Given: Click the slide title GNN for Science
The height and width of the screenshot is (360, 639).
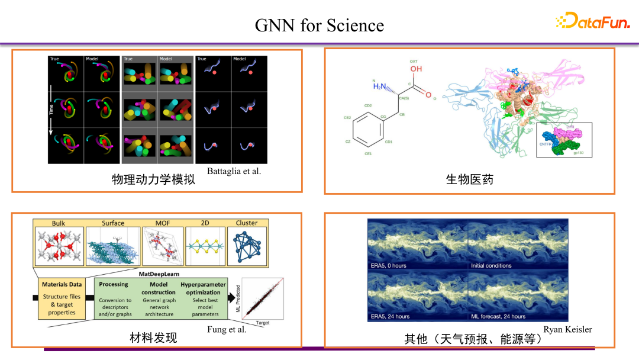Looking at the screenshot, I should coord(319,25).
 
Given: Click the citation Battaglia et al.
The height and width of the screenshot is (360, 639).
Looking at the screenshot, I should coord(234,171).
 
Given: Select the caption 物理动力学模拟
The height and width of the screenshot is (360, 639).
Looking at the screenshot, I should coord(153,179).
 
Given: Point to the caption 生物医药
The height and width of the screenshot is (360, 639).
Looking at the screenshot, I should coord(469,179).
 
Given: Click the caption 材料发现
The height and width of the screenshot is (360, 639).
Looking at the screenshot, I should coord(153,337).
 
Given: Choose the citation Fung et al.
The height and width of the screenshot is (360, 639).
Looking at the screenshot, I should coord(227,329).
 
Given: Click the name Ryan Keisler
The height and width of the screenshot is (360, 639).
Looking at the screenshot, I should coord(567,329).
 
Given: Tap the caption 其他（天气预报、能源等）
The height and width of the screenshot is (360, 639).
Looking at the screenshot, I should coord(469,339).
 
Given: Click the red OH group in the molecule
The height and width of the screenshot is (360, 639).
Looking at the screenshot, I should coord(417,69).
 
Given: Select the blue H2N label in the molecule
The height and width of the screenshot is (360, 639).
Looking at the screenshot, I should coord(379,86).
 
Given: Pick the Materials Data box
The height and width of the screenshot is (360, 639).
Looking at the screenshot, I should coord(62,298).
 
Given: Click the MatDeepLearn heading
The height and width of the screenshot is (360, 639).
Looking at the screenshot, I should coord(159,274).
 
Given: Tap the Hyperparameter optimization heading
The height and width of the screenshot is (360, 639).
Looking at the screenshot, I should coord(203,288).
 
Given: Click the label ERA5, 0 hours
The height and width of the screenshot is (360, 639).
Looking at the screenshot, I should coord(388,265).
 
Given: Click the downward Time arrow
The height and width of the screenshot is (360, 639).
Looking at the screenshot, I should coord(51,110).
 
